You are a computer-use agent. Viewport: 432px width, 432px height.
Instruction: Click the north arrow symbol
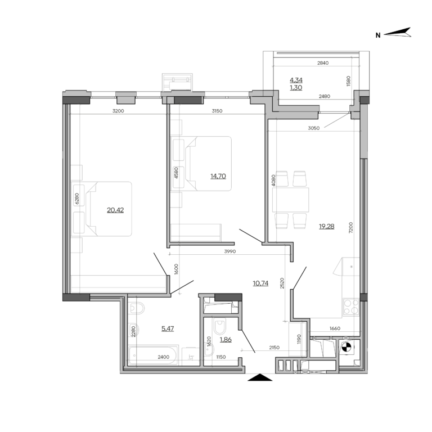398,34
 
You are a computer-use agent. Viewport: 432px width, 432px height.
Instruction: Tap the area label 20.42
115,210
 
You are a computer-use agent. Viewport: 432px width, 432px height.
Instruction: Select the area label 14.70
219,176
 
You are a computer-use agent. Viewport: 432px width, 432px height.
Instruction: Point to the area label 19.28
327,227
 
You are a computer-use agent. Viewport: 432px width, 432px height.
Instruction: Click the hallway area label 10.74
260,283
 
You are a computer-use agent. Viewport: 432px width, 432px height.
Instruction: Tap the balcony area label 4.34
295,80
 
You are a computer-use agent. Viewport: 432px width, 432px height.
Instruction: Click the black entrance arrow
259,379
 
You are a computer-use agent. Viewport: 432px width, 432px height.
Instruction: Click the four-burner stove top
351,306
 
